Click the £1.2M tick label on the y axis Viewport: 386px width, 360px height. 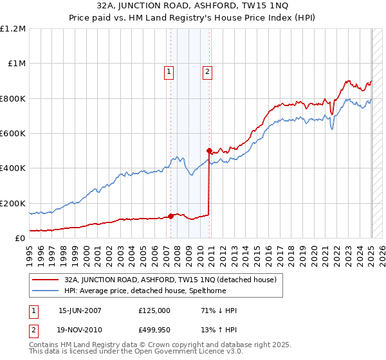coord(14,29)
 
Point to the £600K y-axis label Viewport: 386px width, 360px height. coord(13,134)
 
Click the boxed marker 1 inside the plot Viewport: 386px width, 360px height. coord(169,72)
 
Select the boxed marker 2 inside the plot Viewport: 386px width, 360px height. coord(207,72)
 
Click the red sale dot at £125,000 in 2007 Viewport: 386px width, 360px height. coord(171,216)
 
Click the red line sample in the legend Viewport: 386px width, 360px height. coord(45,280)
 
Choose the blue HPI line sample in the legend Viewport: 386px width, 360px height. coord(45,291)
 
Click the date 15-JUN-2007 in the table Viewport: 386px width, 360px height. coord(80,310)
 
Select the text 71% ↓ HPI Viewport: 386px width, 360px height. coord(219,310)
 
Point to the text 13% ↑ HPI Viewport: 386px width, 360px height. coord(219,330)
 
